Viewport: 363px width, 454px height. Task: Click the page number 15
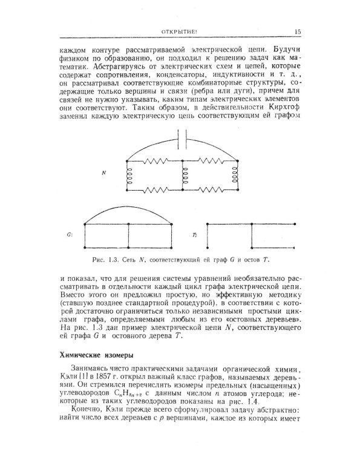[298, 32]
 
